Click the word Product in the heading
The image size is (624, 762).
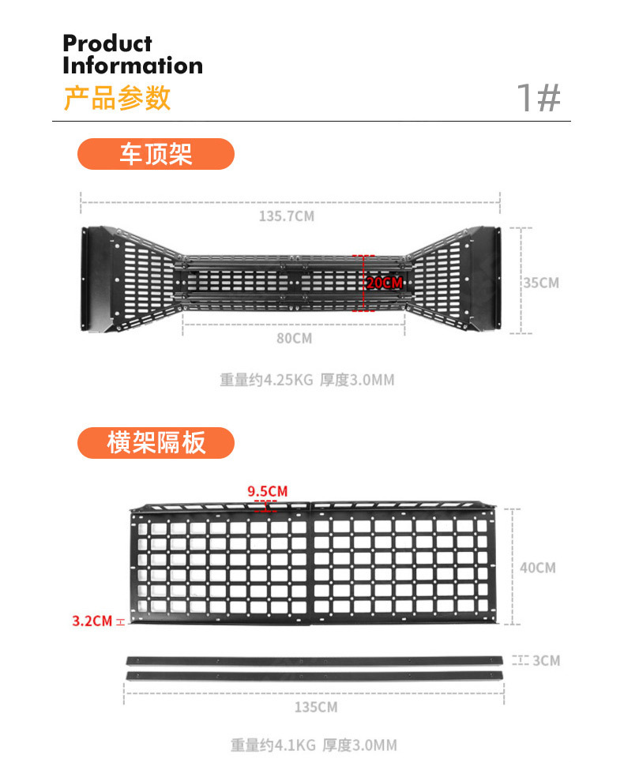coord(107,44)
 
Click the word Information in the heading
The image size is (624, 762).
coord(133,66)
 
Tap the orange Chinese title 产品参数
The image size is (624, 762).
coord(117,98)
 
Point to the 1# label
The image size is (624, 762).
coord(538,99)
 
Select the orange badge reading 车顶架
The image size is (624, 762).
coord(156,154)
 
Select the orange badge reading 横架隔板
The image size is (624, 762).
coord(156,443)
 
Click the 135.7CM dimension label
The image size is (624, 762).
coord(287,216)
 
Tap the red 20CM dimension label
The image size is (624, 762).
coord(384,283)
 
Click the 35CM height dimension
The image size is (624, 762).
coord(541,283)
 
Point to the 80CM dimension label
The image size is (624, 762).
coord(294,338)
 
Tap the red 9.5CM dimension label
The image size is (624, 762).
coord(267,492)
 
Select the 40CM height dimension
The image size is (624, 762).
coord(538,568)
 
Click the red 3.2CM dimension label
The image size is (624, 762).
coord(92,621)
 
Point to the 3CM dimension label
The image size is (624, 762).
coord(545,660)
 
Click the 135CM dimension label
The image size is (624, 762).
coord(316,707)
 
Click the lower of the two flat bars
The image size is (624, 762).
coord(314,677)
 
